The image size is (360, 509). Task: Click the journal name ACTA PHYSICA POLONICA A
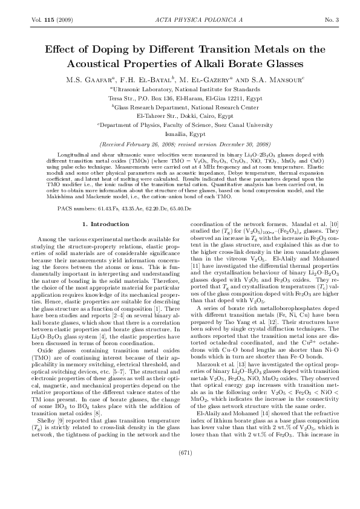180,21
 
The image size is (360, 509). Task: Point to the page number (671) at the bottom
180,485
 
